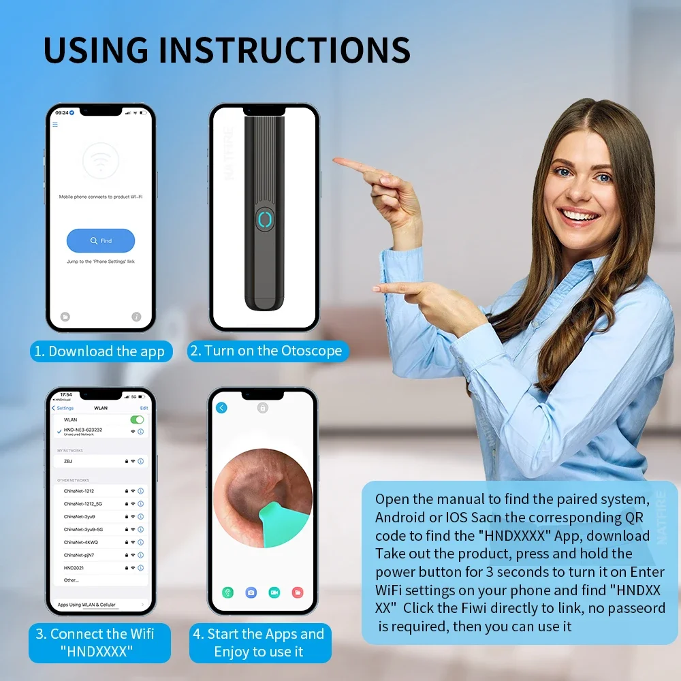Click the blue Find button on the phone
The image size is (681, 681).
click(101, 240)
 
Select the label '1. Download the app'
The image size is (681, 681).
click(99, 351)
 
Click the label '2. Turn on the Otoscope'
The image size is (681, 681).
click(268, 351)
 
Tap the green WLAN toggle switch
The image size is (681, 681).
click(138, 419)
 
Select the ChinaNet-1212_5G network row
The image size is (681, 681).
click(95, 503)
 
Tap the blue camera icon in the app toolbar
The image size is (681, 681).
click(251, 592)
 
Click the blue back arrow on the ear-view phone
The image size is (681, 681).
click(221, 408)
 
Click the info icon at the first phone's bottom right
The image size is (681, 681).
click(136, 317)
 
